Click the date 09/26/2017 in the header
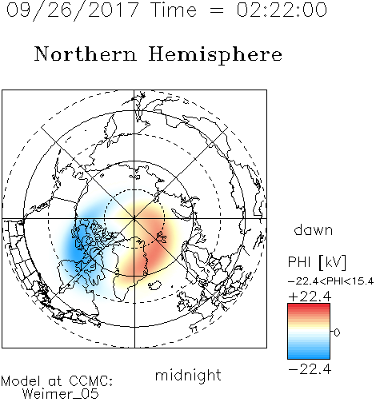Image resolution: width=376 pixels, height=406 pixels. pos(72,10)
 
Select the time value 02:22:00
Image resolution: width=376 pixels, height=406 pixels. pos(282,10)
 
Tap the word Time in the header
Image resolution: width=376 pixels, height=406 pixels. pos(174,10)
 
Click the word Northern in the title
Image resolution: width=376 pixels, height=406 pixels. pos(86,54)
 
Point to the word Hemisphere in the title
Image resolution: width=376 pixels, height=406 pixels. pos(215,55)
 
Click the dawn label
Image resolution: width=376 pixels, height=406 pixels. pos(314,229)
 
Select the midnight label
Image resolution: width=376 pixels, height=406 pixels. pos(188,375)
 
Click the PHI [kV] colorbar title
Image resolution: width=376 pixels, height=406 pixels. pos(317,262)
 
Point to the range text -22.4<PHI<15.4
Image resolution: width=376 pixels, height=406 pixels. pos(330,281)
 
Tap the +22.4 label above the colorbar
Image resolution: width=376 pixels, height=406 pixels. pos(310,297)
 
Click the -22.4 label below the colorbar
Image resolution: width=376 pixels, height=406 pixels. pos(310,369)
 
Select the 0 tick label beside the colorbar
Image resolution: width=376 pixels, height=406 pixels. pos(337,332)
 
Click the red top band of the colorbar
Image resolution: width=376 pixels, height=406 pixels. pos(309,307)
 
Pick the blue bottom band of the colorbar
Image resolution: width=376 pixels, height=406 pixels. pos(309,356)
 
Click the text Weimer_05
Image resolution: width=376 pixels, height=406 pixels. pos(61,394)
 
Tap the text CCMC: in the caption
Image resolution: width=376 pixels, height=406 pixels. pos(90,381)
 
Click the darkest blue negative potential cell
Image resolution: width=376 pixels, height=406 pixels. pos(76,246)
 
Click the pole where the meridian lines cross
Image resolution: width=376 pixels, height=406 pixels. pos(134,219)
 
